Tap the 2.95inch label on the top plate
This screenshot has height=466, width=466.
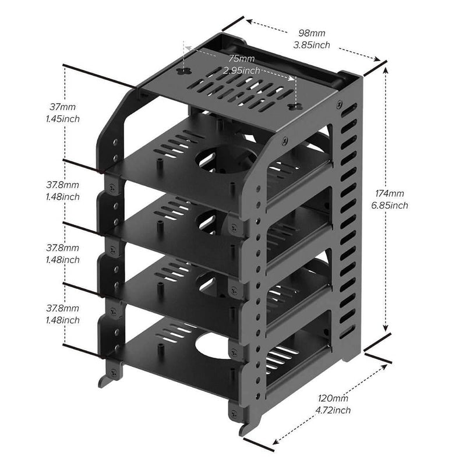tap(241, 70)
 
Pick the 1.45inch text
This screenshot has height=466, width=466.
tap(62, 118)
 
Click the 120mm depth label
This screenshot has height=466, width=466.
tap(333, 398)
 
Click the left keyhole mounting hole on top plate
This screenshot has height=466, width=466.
tap(184, 72)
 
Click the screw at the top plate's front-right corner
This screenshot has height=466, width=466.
tap(284, 140)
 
